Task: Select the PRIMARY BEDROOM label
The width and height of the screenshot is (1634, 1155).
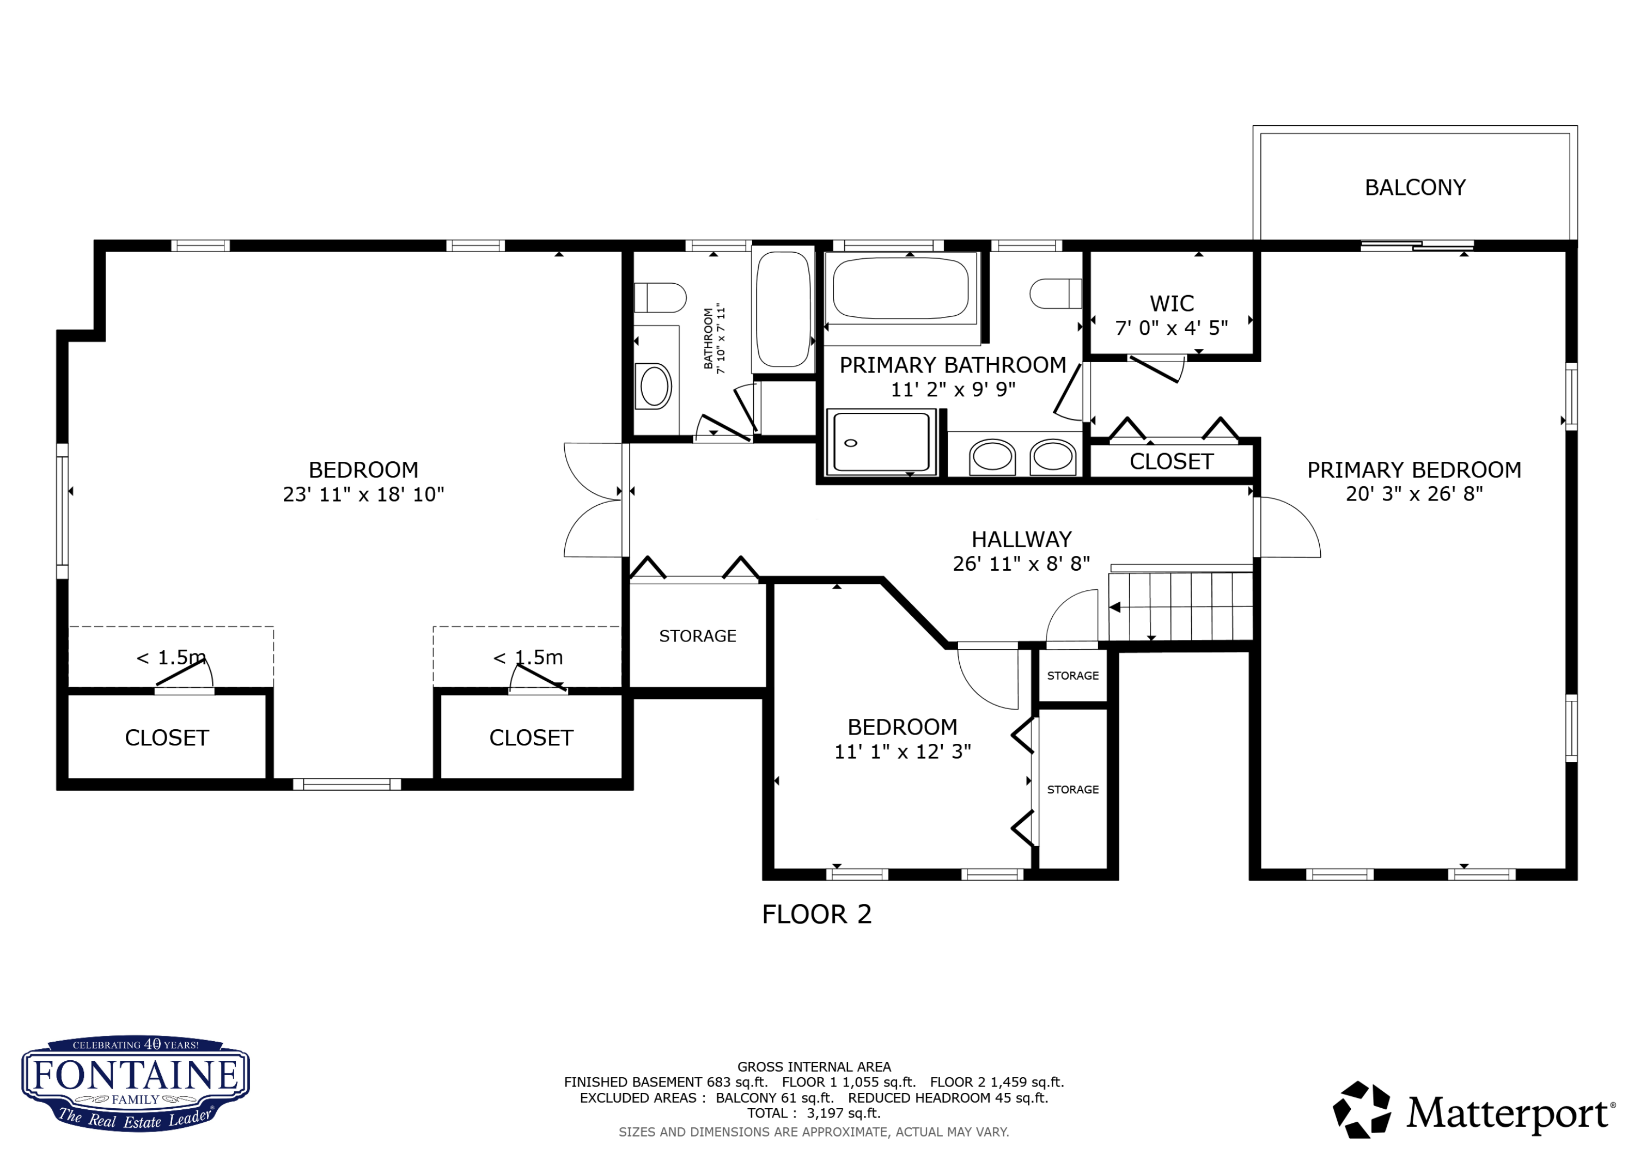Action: [x=1413, y=470]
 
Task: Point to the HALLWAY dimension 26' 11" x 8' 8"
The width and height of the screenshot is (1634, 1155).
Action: [x=1021, y=564]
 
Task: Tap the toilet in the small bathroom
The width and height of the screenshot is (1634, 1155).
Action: [x=660, y=297]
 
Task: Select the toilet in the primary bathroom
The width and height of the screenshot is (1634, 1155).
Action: [x=1056, y=293]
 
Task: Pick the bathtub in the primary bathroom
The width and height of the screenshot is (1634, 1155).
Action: [x=900, y=288]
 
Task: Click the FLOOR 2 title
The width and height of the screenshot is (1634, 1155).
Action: [x=816, y=914]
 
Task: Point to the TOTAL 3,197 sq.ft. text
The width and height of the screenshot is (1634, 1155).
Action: [x=813, y=1113]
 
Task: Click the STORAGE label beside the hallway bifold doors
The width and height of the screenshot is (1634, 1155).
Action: [x=697, y=635]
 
